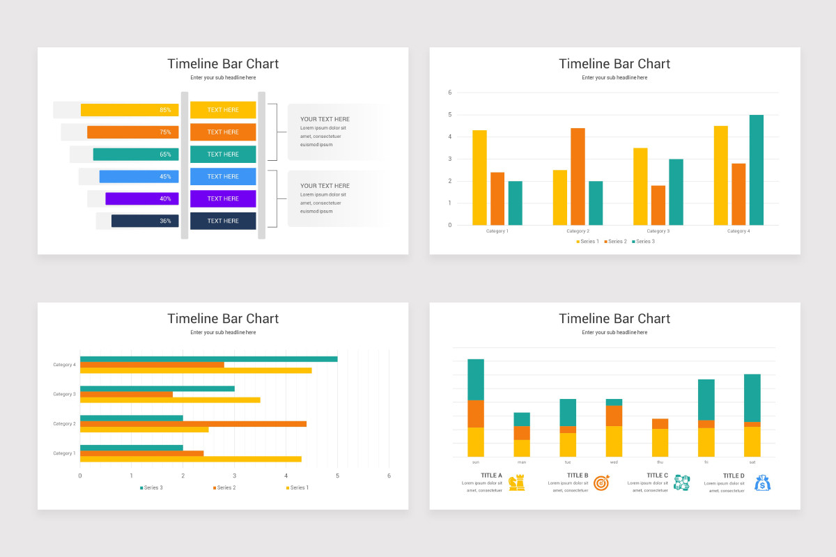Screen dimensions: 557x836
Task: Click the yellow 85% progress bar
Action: click(130, 110)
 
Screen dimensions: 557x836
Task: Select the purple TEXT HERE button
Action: click(223, 198)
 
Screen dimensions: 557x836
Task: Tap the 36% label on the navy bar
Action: click(165, 221)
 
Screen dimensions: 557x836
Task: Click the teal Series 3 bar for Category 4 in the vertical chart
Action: click(756, 170)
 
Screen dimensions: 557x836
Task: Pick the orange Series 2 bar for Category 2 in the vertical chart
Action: click(578, 176)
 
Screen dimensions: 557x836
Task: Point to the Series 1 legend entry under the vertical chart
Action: click(587, 242)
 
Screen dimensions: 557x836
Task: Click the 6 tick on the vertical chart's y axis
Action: click(450, 93)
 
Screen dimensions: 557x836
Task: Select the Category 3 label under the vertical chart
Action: click(657, 231)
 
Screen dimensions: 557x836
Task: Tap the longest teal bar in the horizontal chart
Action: click(208, 359)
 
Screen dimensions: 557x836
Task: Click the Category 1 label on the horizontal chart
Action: click(64, 453)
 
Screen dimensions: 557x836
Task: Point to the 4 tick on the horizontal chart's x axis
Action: click(286, 476)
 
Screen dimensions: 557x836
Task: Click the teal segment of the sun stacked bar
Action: click(476, 379)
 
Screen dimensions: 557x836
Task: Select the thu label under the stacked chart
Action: click(660, 462)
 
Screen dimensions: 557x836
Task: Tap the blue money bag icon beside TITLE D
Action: click(763, 483)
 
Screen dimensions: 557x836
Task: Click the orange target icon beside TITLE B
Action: click(601, 483)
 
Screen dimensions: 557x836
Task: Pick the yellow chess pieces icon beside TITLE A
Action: click(516, 483)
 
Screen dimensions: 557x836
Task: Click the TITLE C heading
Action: click(657, 476)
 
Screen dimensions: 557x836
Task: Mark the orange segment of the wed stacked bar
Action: click(614, 416)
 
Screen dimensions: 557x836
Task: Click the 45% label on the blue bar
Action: click(165, 176)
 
